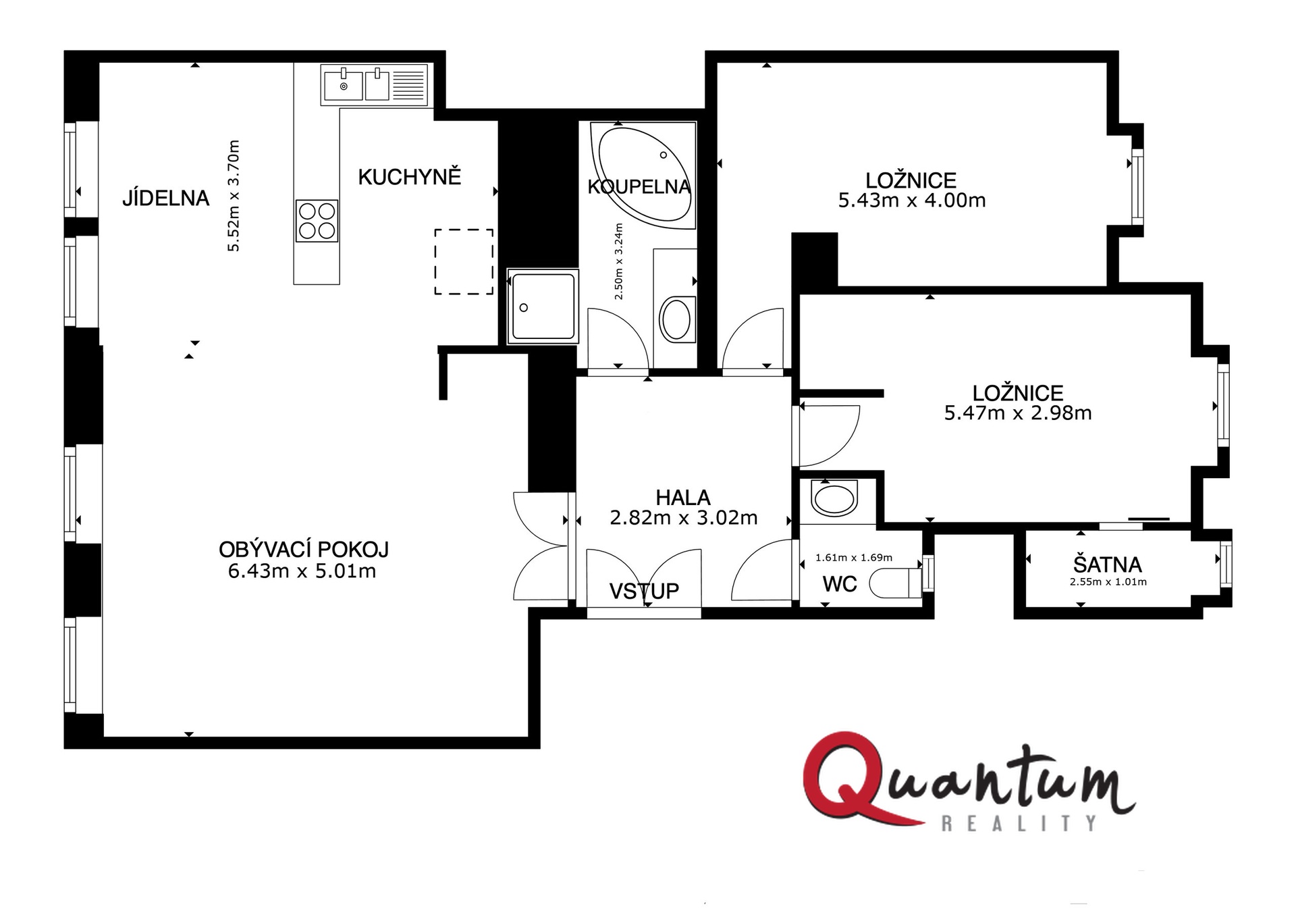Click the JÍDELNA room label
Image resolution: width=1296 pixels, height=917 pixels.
(166, 198)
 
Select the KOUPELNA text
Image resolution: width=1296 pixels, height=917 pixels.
(639, 186)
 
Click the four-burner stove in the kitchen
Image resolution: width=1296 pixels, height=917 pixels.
(317, 221)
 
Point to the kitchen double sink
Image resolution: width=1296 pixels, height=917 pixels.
(375, 85)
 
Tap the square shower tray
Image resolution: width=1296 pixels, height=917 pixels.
(543, 306)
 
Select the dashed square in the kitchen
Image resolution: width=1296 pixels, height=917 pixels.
(464, 261)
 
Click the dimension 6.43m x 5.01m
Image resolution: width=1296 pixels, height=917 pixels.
(302, 571)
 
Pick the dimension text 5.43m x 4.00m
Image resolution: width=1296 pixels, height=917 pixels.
(912, 201)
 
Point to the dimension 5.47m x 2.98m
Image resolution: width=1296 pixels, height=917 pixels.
(1018, 413)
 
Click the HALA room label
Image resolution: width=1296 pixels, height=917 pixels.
(683, 498)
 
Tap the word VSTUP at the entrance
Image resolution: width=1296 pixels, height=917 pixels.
(644, 592)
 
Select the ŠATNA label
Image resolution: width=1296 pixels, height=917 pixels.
(1108, 565)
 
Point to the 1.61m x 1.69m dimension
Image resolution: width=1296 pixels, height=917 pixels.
(854, 558)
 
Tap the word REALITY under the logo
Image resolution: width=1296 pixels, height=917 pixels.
(1019, 824)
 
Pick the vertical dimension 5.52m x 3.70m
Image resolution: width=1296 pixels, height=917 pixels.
(234, 196)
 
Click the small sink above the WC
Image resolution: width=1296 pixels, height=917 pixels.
(835, 500)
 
